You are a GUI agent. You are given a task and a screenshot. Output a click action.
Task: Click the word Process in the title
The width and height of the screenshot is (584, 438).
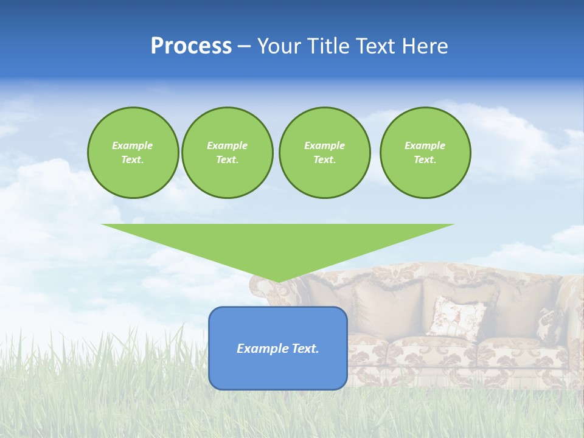click(191, 46)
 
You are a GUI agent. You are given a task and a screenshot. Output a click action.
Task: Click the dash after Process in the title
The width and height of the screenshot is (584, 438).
click(245, 47)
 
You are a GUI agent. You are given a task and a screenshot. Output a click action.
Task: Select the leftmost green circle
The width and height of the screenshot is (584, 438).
click(133, 176)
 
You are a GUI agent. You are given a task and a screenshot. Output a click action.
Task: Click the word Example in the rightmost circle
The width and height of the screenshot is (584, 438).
click(425, 145)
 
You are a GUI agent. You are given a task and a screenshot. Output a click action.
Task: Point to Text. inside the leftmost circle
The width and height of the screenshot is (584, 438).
click(133, 159)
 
